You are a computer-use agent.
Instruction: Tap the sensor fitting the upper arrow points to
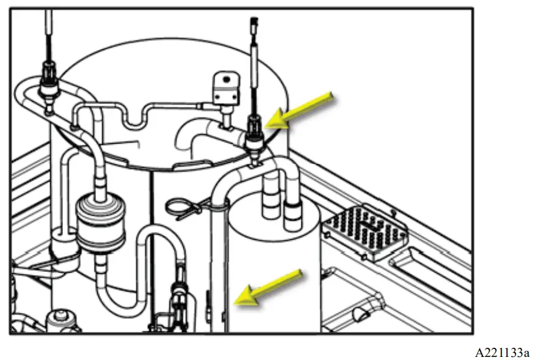tap(253, 134)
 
